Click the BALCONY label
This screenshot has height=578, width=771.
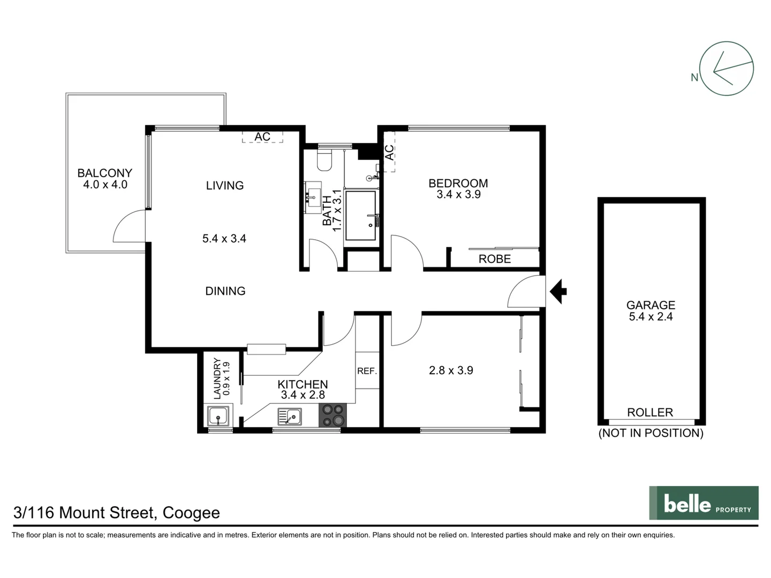point(104,173)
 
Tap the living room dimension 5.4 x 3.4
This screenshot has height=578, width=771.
point(224,239)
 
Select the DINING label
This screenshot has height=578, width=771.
point(225,291)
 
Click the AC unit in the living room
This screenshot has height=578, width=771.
point(262,137)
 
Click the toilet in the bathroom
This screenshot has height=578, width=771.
point(324,159)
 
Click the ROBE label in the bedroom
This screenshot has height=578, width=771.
point(494,259)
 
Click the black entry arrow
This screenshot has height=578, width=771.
point(558,291)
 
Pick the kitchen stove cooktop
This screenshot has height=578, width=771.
point(332,415)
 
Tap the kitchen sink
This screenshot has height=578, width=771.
point(289,416)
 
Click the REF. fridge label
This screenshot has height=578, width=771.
point(367,371)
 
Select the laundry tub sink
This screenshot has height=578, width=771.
point(218,416)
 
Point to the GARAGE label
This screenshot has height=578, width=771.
point(651,305)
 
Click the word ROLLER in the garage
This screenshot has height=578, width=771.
point(650,412)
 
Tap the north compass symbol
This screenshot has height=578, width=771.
point(726,69)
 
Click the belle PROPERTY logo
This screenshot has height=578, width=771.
point(704,503)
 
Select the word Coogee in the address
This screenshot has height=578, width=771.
point(191,513)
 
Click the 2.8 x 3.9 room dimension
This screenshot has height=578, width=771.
point(451,370)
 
